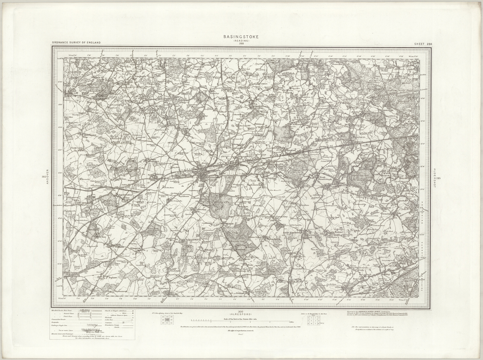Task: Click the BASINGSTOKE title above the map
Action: point(241,37)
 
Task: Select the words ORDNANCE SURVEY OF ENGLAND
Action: point(76,43)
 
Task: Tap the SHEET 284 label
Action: point(423,43)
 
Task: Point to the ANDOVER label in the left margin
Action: point(47,177)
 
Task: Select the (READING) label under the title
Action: point(241,41)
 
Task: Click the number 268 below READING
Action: point(241,43)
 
